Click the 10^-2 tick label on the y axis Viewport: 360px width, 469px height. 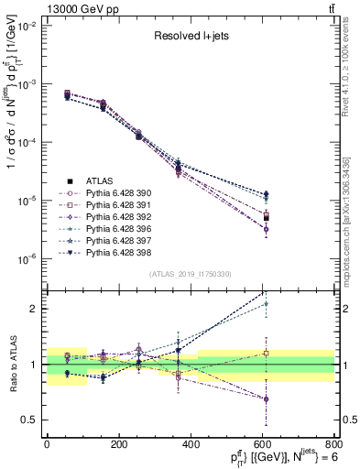[26, 27]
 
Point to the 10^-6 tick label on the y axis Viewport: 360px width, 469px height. [26, 260]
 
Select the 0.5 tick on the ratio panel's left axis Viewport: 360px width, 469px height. [29, 420]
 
